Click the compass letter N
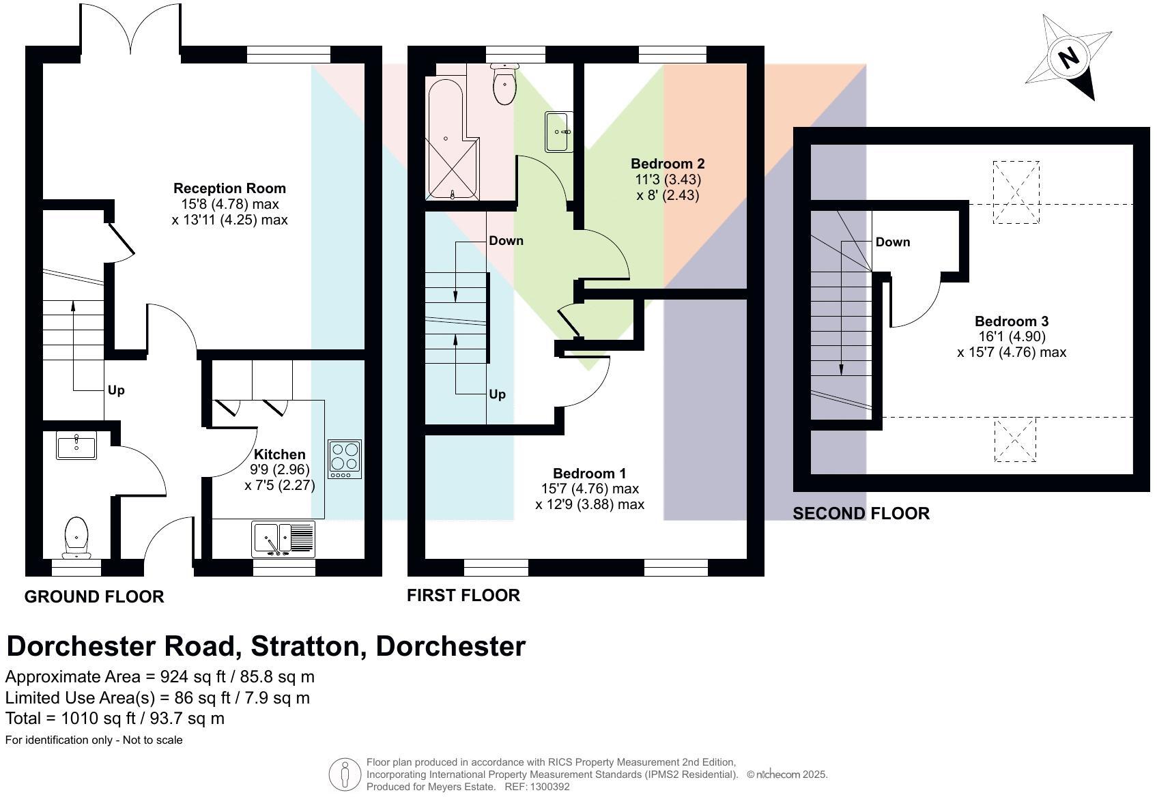tap(1068, 57)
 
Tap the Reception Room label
tap(229, 188)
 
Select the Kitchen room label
tap(279, 454)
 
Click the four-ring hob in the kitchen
tap(345, 459)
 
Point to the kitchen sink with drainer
tap(283, 538)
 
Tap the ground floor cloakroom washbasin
tap(76, 446)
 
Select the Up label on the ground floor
tap(116, 390)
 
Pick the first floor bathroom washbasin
tap(559, 132)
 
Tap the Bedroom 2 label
tap(667, 164)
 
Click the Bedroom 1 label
tap(589, 474)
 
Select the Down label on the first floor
tap(506, 241)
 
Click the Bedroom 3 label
tap(1011, 321)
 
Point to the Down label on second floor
tap(892, 242)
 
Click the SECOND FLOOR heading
tap(861, 514)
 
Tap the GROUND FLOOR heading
tap(94, 597)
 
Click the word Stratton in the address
tap(307, 646)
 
